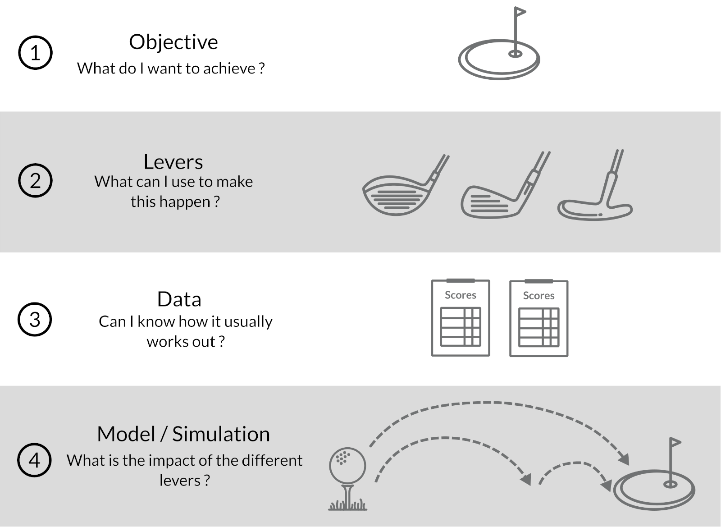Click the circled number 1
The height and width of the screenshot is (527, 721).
coord(36,52)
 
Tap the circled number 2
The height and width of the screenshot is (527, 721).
coord(36,180)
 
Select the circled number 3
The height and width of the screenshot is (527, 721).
coord(35,319)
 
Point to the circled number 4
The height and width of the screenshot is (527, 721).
coord(34,460)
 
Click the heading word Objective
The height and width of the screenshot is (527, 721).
coord(173,42)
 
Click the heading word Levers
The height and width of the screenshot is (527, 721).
coord(173,162)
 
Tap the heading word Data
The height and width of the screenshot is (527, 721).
coord(179,299)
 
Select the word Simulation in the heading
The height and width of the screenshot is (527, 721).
coord(221,434)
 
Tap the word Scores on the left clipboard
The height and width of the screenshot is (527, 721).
coord(460,295)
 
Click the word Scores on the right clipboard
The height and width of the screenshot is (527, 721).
coord(538,296)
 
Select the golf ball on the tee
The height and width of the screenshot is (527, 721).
coord(347,466)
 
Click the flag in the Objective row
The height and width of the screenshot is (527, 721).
coord(520,12)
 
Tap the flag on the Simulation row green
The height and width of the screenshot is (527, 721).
coord(675,442)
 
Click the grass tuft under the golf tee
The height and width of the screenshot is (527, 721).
coord(347,505)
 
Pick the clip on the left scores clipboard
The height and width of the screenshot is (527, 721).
coord(460,281)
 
